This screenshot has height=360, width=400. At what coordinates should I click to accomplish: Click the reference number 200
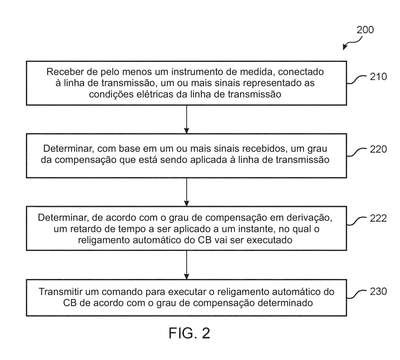click(365, 30)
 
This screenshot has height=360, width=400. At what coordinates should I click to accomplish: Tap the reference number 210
click(378, 77)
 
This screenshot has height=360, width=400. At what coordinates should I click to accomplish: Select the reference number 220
click(378, 149)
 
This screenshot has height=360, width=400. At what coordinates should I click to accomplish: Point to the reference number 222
click(378, 218)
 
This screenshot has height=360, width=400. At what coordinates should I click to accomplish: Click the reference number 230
click(378, 291)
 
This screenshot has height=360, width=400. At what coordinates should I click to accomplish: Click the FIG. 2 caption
click(189, 333)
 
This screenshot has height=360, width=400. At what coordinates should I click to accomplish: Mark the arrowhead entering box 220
click(187, 130)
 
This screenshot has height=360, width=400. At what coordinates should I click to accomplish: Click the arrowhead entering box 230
click(187, 276)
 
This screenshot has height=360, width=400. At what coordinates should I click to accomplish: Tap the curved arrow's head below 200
click(345, 47)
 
